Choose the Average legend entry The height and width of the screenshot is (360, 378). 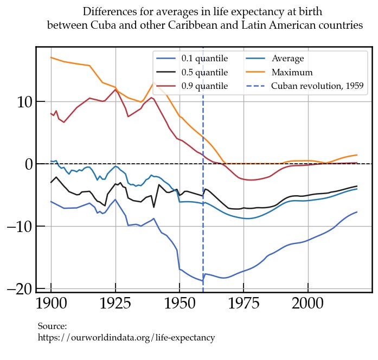(287, 59)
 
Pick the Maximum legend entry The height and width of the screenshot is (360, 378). (292, 72)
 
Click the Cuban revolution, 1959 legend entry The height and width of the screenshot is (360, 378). (317, 86)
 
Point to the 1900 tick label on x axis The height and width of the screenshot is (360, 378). (51, 304)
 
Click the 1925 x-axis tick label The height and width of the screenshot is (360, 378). (115, 304)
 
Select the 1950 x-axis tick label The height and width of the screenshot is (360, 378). (180, 304)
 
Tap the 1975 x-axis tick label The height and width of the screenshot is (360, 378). (244, 304)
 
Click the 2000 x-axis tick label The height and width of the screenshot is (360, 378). (308, 304)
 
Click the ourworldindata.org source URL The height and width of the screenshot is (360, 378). (126, 338)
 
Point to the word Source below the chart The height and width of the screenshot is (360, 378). (52, 326)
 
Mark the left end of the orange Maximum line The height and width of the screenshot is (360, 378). (51, 57)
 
